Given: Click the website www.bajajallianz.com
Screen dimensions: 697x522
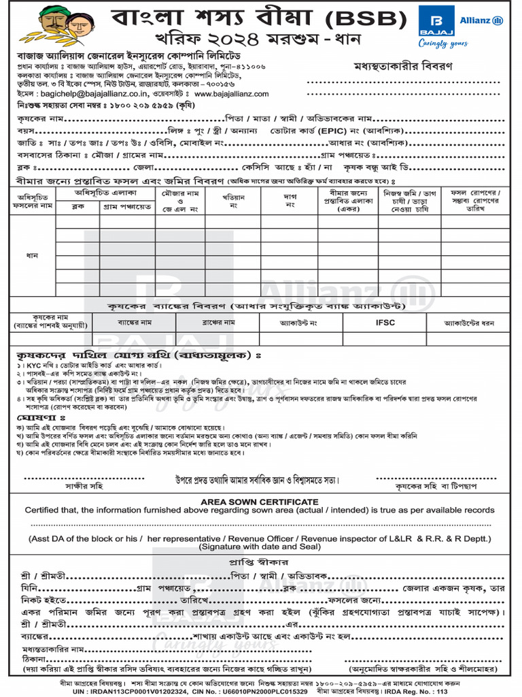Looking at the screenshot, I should click(232, 93).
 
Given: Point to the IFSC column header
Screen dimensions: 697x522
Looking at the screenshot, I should click(385, 322).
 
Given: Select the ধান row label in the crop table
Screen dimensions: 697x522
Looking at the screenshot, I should click(32, 255).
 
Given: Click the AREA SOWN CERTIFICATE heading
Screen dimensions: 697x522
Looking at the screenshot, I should click(260, 500).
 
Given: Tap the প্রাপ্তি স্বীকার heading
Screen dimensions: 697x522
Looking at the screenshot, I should click(261, 562).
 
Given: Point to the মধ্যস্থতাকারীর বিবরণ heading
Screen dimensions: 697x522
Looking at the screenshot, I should click(403, 66).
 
